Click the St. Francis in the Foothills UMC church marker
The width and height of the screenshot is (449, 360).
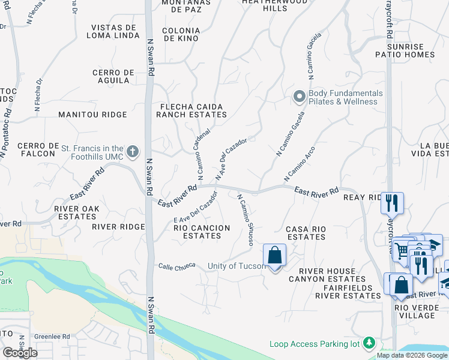tap(133, 151)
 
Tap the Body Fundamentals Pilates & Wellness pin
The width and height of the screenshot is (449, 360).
tap(299, 96)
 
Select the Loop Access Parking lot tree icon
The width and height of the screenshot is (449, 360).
tap(370, 343)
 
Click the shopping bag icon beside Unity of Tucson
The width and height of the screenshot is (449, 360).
tap(274, 256)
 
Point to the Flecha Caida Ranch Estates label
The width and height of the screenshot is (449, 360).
tap(190, 110)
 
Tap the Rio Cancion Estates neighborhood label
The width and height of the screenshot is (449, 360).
tap(202, 232)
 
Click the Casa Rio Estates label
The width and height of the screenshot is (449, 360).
tap(306, 233)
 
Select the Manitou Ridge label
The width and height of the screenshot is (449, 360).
tap(92, 115)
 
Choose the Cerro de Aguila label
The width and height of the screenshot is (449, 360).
tap(113, 76)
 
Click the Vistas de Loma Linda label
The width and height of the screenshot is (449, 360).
tap(114, 31)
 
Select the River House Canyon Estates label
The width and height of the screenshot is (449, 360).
tap(327, 275)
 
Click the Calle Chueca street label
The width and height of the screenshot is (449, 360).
tap(176, 266)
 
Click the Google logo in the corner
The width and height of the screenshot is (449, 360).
tap(20, 353)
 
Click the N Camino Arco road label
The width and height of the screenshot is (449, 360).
tap(300, 163)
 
